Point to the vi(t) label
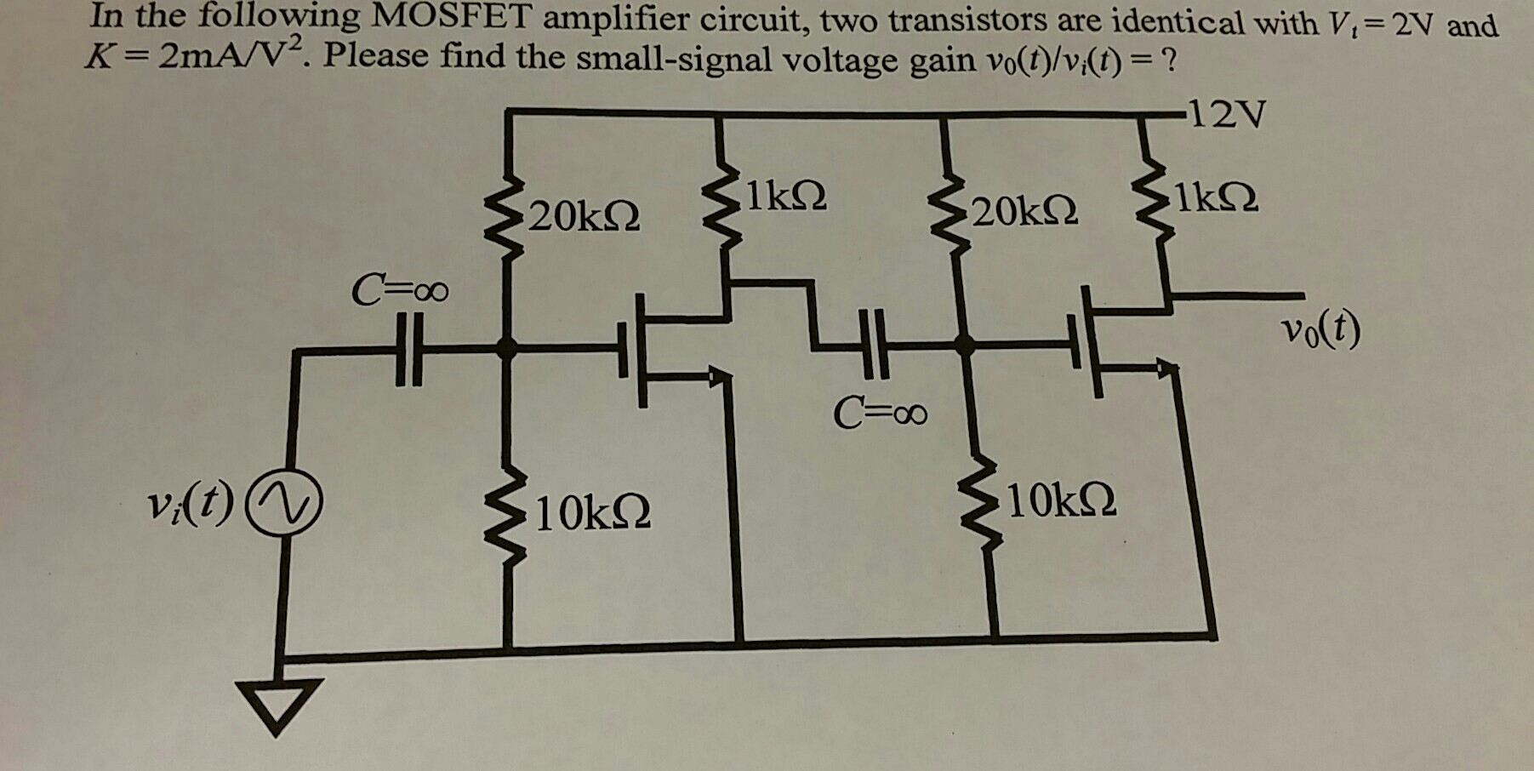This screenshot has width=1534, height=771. click(x=190, y=509)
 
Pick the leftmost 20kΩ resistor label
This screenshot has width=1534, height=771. click(x=585, y=216)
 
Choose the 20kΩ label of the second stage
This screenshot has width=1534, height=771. click(x=1026, y=210)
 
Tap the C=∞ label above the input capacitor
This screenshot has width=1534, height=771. click(x=400, y=292)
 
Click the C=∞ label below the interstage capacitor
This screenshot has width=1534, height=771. click(x=880, y=414)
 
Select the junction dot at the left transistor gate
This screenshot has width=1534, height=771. click(x=507, y=346)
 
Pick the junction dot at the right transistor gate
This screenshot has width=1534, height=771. click(x=964, y=345)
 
